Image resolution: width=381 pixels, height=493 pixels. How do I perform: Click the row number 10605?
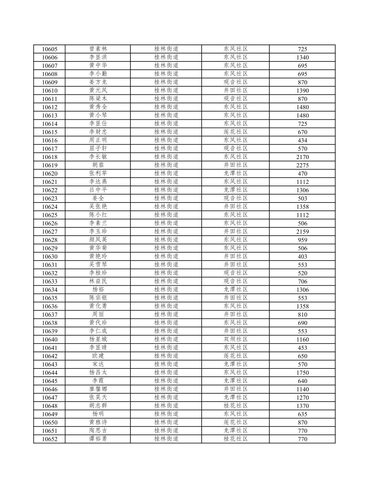point(50,49)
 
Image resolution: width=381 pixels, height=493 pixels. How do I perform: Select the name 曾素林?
point(98,49)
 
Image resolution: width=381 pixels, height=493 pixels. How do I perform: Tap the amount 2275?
point(302,165)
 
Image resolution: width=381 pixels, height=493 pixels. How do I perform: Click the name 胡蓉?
point(98,165)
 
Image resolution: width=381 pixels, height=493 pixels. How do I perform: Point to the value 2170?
point(302,157)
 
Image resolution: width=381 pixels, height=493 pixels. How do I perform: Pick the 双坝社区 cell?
point(235,339)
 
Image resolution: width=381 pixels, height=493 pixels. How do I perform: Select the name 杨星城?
point(98,339)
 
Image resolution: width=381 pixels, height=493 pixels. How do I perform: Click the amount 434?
point(302,140)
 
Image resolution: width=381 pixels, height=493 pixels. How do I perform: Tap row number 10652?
point(50,439)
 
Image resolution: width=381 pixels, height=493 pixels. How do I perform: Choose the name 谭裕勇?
point(98,439)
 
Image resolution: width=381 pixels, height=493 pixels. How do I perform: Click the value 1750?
point(302,373)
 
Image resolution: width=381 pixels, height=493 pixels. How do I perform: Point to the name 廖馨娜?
point(98,389)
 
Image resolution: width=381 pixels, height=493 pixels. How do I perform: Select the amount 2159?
point(302,231)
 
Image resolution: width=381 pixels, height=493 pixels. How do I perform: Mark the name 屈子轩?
point(98,149)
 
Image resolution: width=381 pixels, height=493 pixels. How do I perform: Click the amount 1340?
point(302,57)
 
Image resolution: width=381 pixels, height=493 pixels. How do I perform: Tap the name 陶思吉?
point(98,431)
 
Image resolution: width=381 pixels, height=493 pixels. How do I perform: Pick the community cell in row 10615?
point(235,132)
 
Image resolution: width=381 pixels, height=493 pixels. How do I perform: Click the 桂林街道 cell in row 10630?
point(166,256)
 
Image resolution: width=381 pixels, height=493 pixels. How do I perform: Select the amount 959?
point(302,240)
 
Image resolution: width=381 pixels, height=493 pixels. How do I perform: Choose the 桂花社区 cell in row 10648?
point(235,406)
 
